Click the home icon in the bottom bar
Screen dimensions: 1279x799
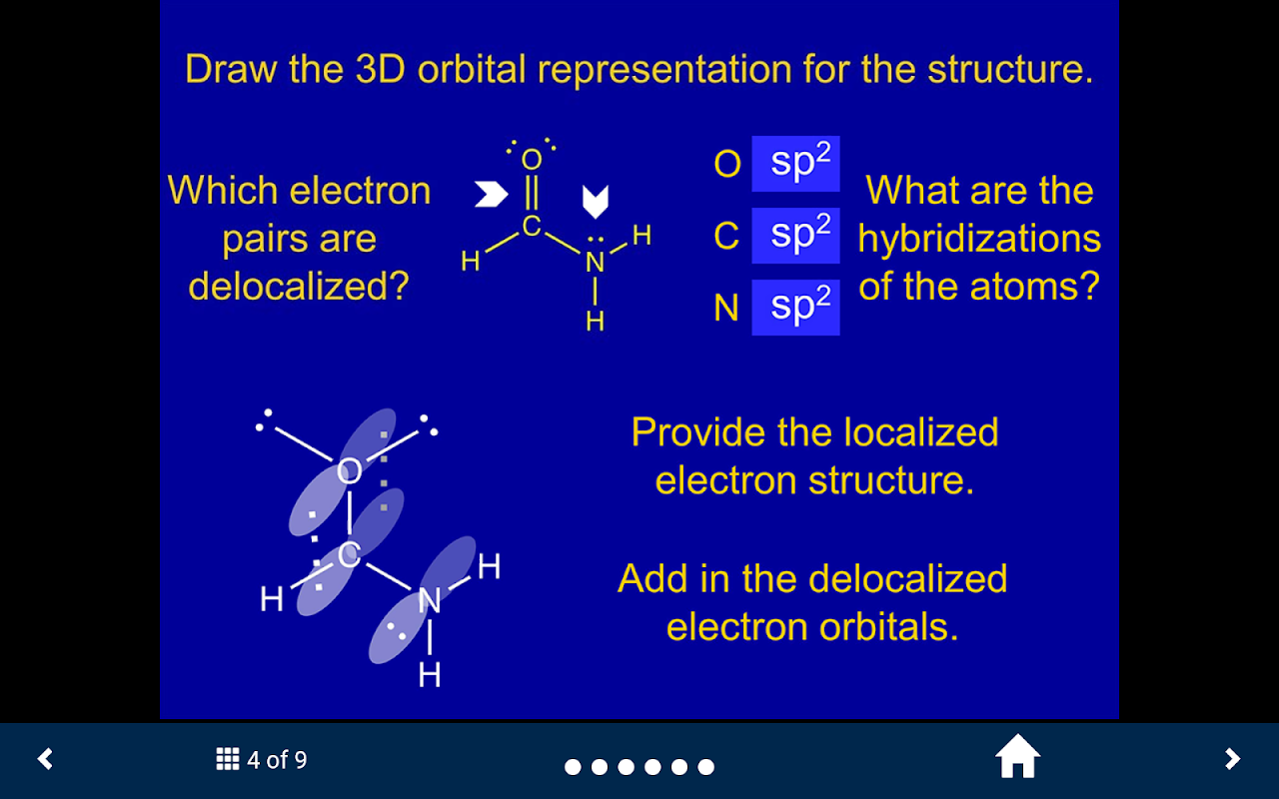click(1017, 757)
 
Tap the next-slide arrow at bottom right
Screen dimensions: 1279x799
click(1232, 759)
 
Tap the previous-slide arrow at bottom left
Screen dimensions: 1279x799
click(45, 759)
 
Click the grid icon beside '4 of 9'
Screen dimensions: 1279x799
click(227, 759)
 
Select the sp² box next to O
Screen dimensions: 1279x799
click(795, 164)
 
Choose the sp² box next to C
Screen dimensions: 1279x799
click(795, 235)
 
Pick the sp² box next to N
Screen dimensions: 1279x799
click(795, 307)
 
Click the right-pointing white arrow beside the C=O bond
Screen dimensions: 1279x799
click(492, 194)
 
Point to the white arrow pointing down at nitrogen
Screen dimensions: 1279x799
click(595, 202)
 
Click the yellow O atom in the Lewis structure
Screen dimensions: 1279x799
click(532, 160)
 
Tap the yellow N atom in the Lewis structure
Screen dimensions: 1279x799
click(595, 263)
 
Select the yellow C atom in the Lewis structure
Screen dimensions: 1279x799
click(532, 227)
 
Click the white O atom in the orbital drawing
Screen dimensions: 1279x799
click(349, 471)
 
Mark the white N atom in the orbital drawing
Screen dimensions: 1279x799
click(430, 600)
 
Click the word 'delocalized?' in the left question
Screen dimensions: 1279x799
click(299, 286)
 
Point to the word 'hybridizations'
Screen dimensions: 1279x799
click(979, 240)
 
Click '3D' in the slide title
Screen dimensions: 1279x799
click(381, 69)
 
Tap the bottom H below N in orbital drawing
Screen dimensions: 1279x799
click(430, 675)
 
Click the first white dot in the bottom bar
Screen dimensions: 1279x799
click(573, 767)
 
